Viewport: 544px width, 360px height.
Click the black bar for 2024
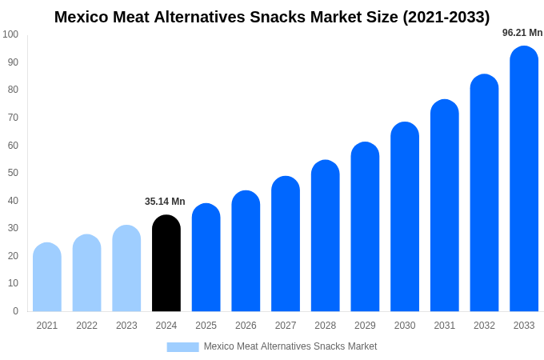[x=166, y=263]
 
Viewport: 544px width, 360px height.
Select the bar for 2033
[x=524, y=179]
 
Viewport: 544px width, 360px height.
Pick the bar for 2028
[x=325, y=236]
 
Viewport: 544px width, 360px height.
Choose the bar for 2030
[x=405, y=217]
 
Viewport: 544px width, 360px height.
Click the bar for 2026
[x=246, y=251]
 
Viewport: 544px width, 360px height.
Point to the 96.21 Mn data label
[x=522, y=33]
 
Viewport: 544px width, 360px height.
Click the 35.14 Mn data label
[x=165, y=202]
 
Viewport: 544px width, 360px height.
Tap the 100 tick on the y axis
[x=10, y=34]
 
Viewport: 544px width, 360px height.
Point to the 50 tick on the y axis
[x=13, y=173]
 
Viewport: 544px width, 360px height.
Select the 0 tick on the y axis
[x=15, y=311]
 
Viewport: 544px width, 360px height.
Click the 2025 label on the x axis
[x=206, y=326]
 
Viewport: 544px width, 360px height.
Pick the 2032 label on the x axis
[x=484, y=326]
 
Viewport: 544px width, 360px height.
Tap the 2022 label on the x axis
[x=86, y=326]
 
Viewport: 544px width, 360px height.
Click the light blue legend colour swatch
[x=182, y=347]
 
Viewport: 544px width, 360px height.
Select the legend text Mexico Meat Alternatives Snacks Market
[x=290, y=346]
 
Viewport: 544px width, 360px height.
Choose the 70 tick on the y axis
[x=13, y=118]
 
